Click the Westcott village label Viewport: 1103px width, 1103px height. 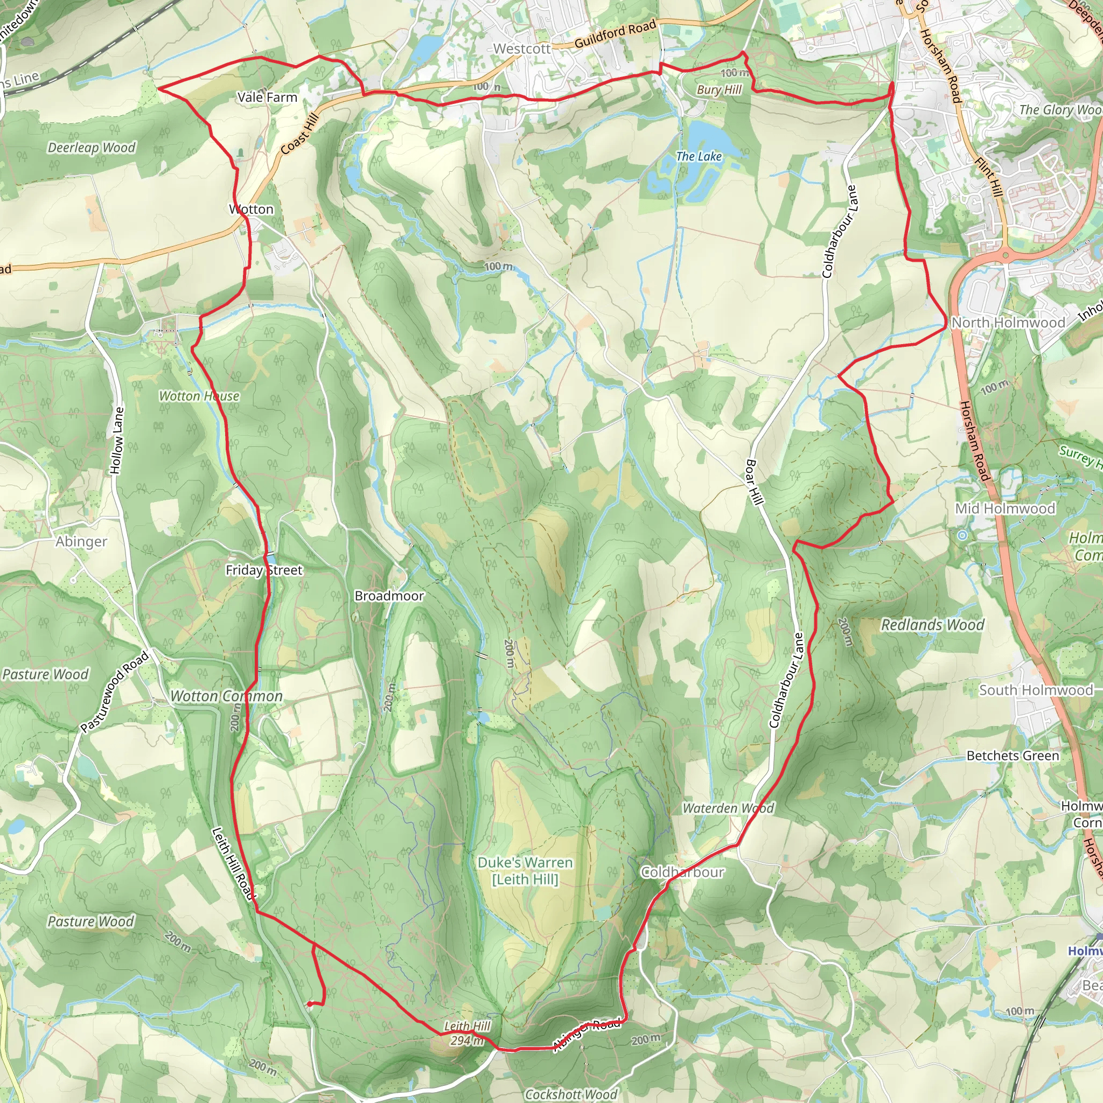(522, 49)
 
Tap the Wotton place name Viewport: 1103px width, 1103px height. (251, 210)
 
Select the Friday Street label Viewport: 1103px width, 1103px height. (264, 570)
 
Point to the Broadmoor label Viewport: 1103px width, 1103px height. (389, 596)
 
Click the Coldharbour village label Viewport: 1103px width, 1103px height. (683, 872)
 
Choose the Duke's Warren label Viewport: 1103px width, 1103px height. (525, 863)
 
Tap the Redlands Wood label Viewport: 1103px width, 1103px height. (932, 625)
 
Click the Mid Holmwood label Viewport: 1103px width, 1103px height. (1005, 508)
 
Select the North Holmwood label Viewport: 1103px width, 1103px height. (1008, 323)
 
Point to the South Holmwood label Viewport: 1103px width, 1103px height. (1036, 690)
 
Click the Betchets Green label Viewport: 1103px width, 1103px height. (1012, 756)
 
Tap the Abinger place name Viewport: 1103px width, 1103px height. (81, 542)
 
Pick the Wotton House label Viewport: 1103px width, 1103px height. (199, 396)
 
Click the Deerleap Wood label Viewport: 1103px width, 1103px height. (92, 148)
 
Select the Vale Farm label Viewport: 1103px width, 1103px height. (267, 97)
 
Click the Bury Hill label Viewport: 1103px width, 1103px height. (719, 90)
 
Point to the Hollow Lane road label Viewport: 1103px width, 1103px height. (116, 440)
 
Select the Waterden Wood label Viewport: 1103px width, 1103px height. (728, 808)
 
